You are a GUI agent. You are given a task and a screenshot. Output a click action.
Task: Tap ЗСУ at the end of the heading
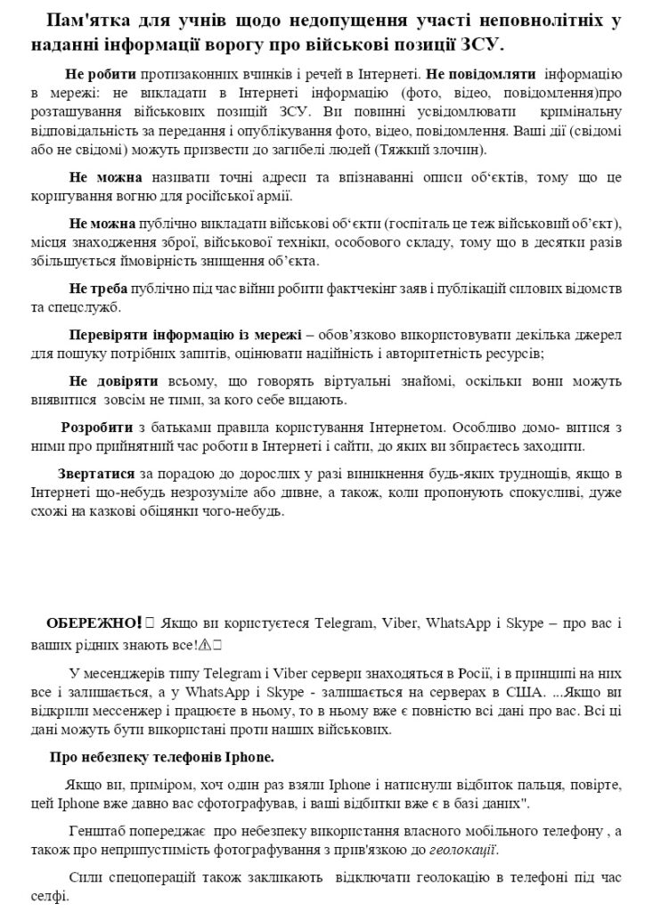pyautogui.click(x=502, y=43)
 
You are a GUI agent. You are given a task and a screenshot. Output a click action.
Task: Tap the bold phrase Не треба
pyautogui.click(x=98, y=290)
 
